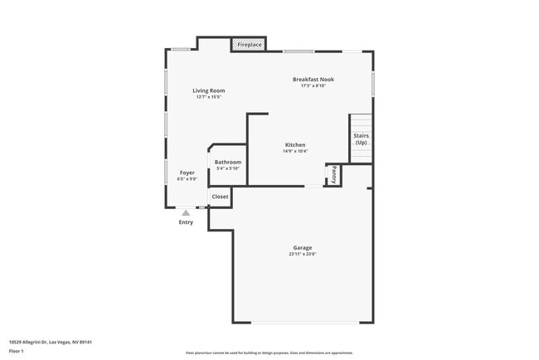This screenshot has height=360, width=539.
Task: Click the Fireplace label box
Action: [250, 44]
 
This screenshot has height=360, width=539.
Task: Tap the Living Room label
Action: [208, 90]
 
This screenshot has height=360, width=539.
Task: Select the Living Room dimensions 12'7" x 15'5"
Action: [208, 97]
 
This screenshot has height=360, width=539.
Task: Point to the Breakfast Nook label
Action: [313, 80]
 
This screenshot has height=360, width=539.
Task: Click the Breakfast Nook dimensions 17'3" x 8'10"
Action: [313, 85]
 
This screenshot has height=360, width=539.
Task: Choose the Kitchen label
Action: [295, 144]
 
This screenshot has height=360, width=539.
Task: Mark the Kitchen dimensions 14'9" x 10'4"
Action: [295, 151]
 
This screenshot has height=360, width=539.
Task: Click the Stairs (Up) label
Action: [361, 139]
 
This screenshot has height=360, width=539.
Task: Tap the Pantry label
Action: [333, 174]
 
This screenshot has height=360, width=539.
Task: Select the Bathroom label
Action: [227, 162]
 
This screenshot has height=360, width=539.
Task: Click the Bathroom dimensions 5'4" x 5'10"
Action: [227, 168]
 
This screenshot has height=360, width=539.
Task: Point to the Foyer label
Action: [187, 173]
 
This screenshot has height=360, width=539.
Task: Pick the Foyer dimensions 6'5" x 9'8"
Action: [187, 178]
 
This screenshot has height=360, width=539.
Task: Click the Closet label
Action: [220, 197]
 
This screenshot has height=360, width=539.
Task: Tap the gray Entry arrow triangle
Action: [186, 212]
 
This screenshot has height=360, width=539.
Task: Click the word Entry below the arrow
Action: [186, 221]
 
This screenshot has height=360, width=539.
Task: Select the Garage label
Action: [302, 248]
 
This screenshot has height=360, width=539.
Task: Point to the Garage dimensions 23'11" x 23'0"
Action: [302, 254]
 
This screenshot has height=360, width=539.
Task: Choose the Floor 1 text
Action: [17, 351]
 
